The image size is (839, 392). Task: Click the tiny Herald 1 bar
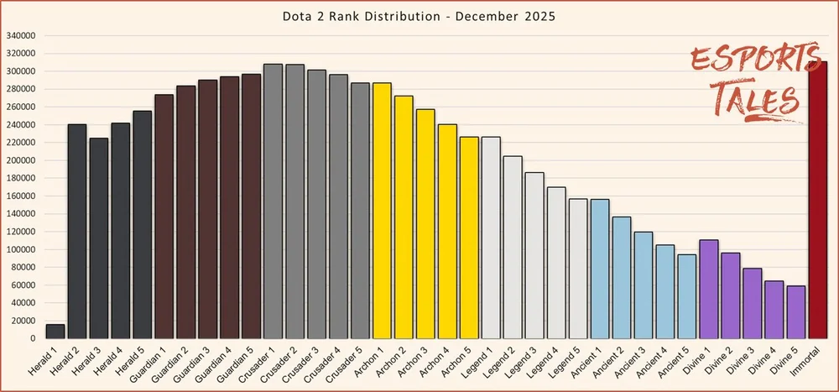pyautogui.click(x=55, y=332)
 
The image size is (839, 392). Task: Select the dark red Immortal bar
pyautogui.click(x=817, y=200)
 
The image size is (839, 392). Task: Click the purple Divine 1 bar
pyautogui.click(x=708, y=290)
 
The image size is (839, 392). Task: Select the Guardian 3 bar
pyautogui.click(x=207, y=209)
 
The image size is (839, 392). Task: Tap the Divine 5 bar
pyautogui.click(x=795, y=312)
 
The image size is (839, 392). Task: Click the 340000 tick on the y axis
pyautogui.click(x=21, y=36)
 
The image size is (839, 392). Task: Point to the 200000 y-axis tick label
pyautogui.click(x=21, y=160)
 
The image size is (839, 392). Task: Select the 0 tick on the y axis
pyautogui.click(x=32, y=338)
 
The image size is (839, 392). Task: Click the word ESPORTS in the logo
pyautogui.click(x=755, y=59)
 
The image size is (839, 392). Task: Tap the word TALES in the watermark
pyautogui.click(x=758, y=98)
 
